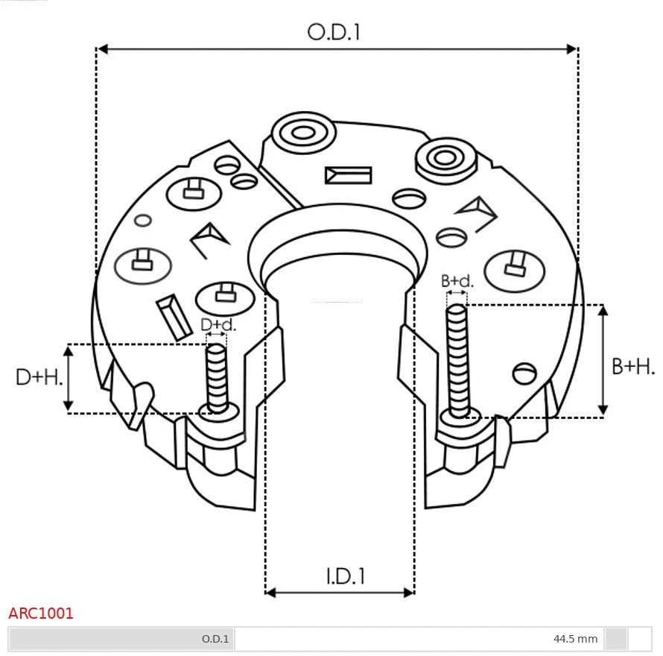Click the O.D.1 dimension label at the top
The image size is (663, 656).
[x=334, y=32]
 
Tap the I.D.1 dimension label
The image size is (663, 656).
[x=345, y=575]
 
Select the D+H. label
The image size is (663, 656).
[x=39, y=377]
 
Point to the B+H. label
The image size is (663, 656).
[x=633, y=366]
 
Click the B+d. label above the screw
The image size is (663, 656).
[x=457, y=281]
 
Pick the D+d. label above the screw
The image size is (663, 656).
[x=218, y=325]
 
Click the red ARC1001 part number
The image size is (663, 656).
[x=41, y=614]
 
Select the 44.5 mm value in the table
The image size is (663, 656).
[x=575, y=639]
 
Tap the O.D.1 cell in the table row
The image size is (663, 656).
[x=215, y=639]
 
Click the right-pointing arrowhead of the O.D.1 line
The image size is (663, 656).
[x=572, y=49]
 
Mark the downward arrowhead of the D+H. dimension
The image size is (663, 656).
[x=69, y=406]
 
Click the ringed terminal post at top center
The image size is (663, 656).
[x=303, y=134]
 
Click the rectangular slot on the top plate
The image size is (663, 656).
[x=348, y=175]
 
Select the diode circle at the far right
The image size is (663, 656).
[x=514, y=271]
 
